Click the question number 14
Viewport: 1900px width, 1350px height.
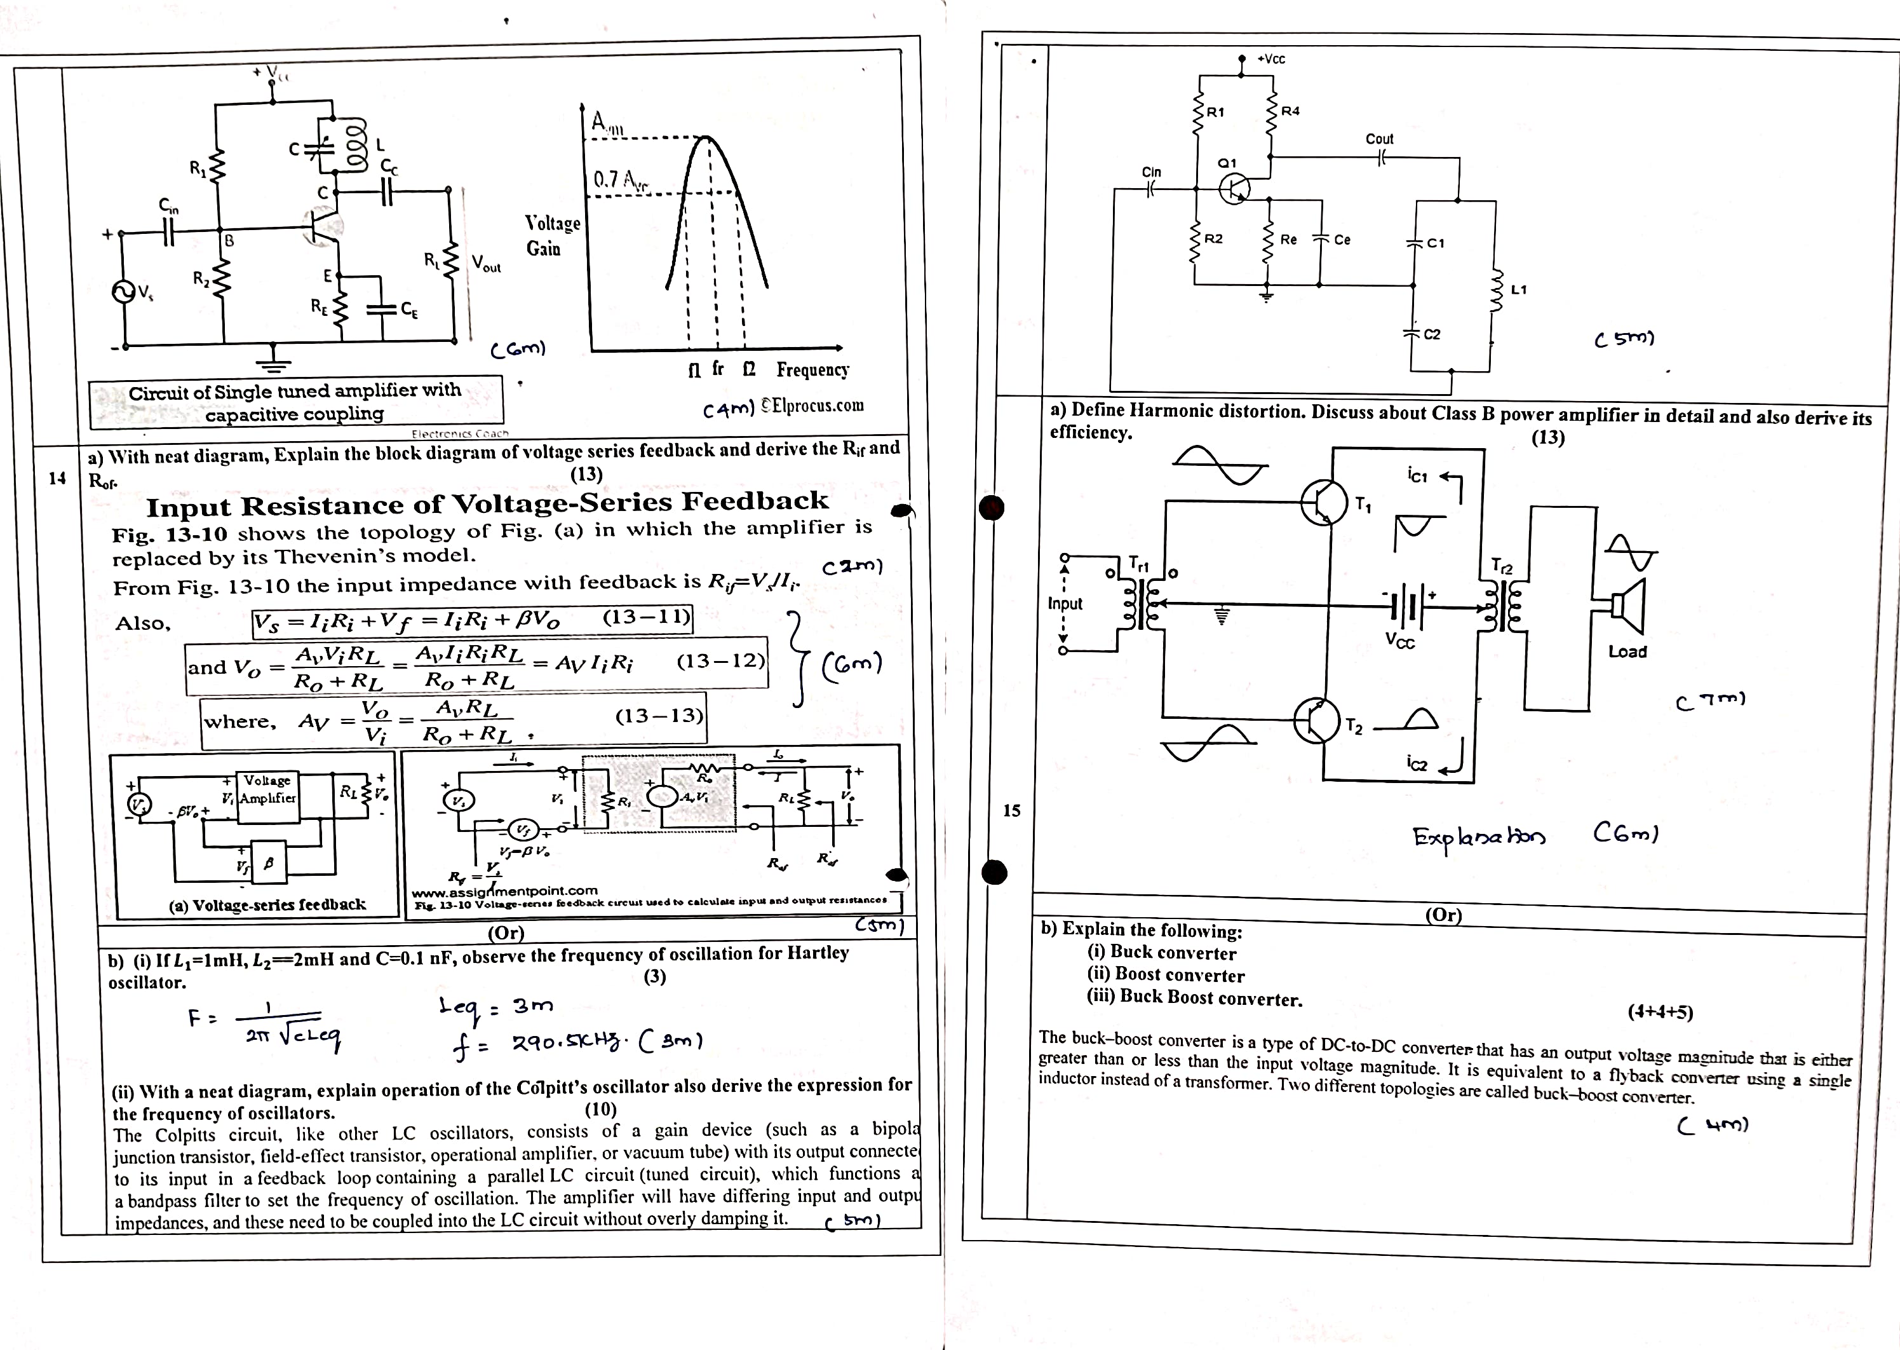pos(57,478)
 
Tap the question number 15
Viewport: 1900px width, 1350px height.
pos(1011,810)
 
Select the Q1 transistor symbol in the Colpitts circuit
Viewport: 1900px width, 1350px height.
pos(1234,189)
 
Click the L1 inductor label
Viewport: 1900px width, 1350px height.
pos(1519,290)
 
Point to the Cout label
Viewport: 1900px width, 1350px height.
pos(1379,139)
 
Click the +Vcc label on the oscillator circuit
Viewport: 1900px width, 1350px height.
pos(1271,59)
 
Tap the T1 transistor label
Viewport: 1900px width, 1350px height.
pos(1363,505)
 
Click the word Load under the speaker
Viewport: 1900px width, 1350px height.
pos(1627,651)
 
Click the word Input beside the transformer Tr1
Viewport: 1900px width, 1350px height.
pos(1065,604)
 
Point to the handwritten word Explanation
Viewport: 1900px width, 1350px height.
pos(1479,835)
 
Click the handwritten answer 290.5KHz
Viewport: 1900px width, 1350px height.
pos(565,1043)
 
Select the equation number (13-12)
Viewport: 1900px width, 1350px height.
pos(720,662)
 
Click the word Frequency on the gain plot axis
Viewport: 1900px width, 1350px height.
pos(812,369)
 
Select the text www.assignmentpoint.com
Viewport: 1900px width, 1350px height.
pos(504,891)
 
